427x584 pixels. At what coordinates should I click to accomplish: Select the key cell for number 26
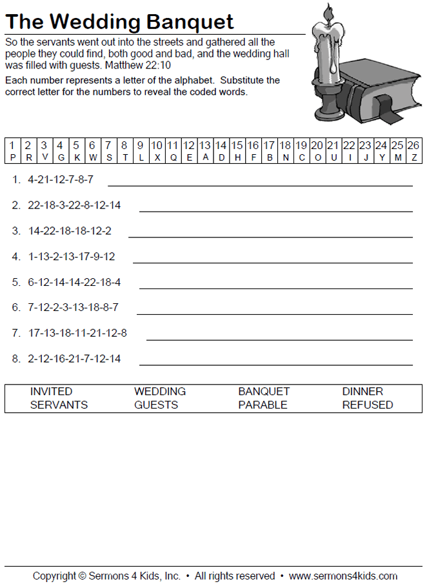pos(413,151)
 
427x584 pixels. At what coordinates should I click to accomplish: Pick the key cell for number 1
pos(12,151)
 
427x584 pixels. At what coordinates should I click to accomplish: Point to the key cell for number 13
pos(205,151)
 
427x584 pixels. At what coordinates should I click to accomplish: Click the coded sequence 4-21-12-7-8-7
pos(61,179)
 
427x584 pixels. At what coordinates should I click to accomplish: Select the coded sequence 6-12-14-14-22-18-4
pos(74,282)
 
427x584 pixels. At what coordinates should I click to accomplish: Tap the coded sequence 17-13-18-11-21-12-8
pos(77,333)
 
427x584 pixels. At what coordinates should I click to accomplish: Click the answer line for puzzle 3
pos(270,236)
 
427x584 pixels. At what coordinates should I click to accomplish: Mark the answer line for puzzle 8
pos(275,364)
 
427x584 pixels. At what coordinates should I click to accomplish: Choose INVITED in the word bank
pos(51,392)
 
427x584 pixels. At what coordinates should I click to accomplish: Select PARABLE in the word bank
pos(263,405)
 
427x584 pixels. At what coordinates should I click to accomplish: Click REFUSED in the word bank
pos(367,405)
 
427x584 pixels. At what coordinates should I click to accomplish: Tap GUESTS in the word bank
pos(156,405)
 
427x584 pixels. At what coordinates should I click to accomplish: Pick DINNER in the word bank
pos(362,392)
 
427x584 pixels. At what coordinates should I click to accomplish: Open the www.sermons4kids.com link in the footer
pos(343,576)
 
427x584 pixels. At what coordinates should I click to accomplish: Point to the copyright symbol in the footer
pos(82,576)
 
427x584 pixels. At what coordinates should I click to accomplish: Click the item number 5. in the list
pos(16,282)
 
